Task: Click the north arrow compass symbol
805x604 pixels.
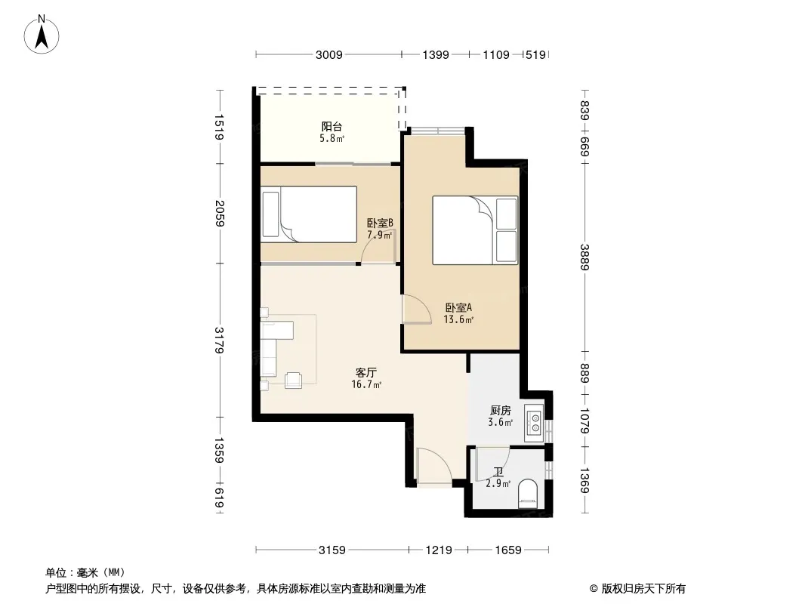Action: [42, 35]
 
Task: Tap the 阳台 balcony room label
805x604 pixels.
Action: [332, 126]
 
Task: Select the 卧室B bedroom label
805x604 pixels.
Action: [380, 223]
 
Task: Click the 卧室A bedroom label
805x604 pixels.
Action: [458, 308]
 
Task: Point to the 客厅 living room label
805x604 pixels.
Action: [366, 372]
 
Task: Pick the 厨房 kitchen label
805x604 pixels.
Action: [500, 411]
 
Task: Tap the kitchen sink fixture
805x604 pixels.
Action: [534, 422]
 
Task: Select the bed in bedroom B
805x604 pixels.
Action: [309, 214]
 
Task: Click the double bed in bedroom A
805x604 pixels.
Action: [475, 230]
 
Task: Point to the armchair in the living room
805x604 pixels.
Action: [294, 380]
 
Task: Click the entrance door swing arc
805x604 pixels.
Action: [436, 465]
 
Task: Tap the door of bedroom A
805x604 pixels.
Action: [417, 310]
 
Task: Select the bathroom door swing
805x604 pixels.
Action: [493, 464]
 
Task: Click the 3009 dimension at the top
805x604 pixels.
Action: [328, 54]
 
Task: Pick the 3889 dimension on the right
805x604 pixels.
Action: [584, 257]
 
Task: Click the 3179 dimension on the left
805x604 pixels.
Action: [219, 341]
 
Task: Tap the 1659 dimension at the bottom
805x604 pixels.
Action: [508, 550]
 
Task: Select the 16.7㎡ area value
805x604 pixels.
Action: [366, 385]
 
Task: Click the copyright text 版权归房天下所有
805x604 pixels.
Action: [643, 589]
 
